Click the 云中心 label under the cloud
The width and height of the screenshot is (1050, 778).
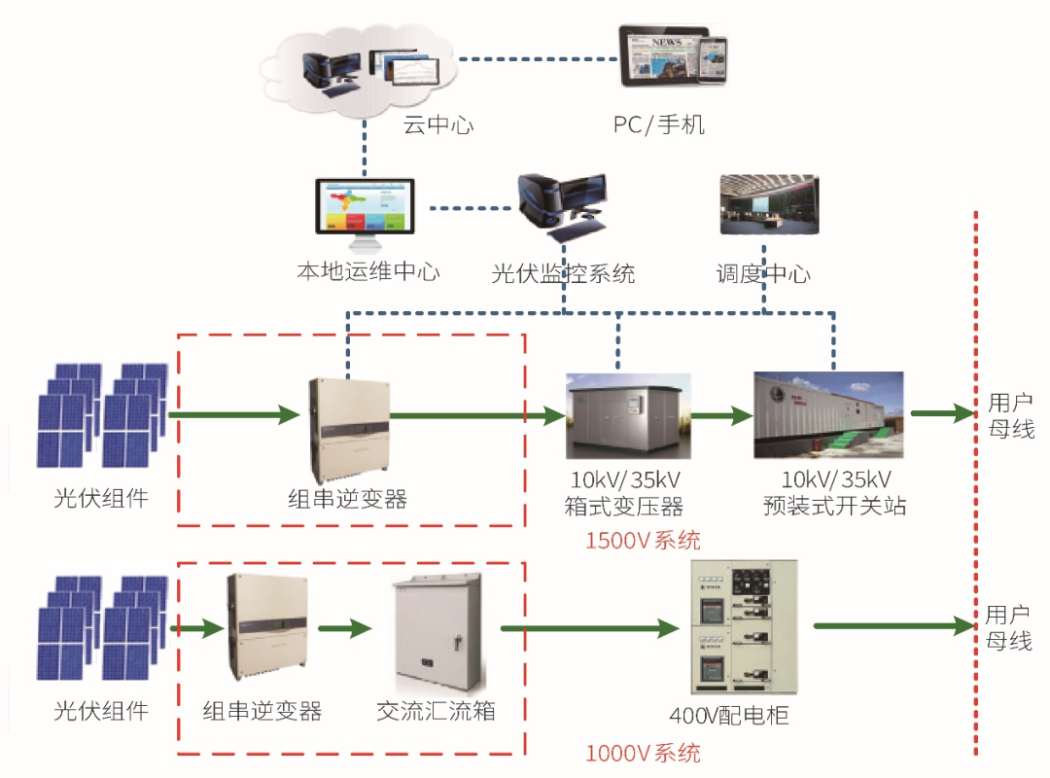pyautogui.click(x=438, y=124)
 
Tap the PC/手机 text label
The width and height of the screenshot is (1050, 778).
pyautogui.click(x=658, y=124)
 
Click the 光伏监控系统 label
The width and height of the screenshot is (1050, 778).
pyautogui.click(x=563, y=274)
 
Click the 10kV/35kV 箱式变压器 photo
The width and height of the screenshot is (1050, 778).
pyautogui.click(x=628, y=416)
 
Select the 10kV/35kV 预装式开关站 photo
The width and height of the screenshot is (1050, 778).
pyautogui.click(x=828, y=415)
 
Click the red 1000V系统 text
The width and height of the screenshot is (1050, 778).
pyautogui.click(x=642, y=753)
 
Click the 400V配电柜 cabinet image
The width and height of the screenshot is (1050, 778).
pyautogui.click(x=744, y=631)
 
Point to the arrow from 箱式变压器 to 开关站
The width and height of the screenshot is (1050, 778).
pyautogui.click(x=721, y=415)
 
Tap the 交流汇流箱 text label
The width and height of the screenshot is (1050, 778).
pyautogui.click(x=436, y=711)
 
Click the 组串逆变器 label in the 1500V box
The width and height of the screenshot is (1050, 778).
pyautogui.click(x=347, y=500)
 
